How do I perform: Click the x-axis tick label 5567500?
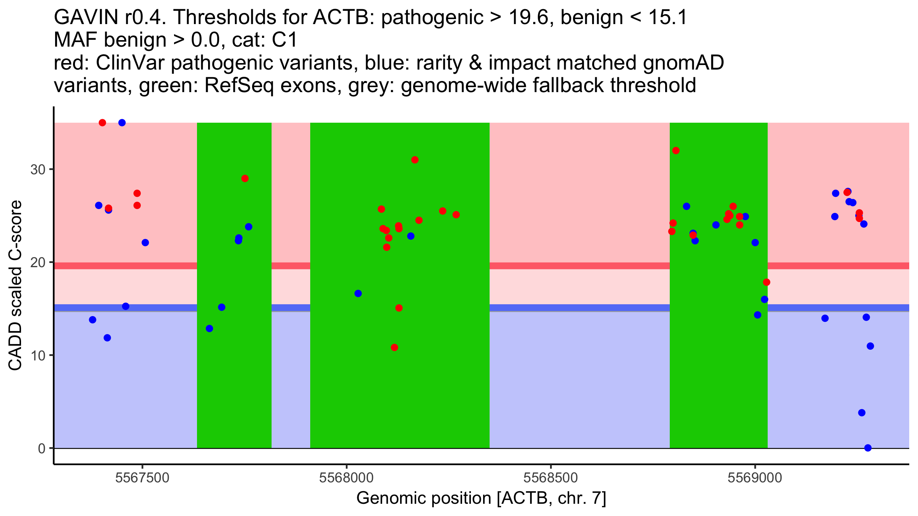coord(142,478)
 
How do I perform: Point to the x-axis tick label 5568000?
coord(347,478)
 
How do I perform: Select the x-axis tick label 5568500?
coord(551,478)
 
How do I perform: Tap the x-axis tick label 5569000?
coord(755,478)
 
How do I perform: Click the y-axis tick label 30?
coord(37,169)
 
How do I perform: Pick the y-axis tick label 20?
coord(37,263)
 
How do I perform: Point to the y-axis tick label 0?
coord(42,448)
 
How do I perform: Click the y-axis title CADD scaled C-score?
coord(15,286)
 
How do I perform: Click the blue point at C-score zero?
coord(868,448)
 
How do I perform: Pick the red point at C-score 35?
coord(103,123)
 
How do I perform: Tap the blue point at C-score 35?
coord(122,123)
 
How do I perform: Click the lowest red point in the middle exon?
coord(394,347)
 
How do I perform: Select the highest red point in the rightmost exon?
coord(676,151)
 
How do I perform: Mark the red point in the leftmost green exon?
coord(245,178)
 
